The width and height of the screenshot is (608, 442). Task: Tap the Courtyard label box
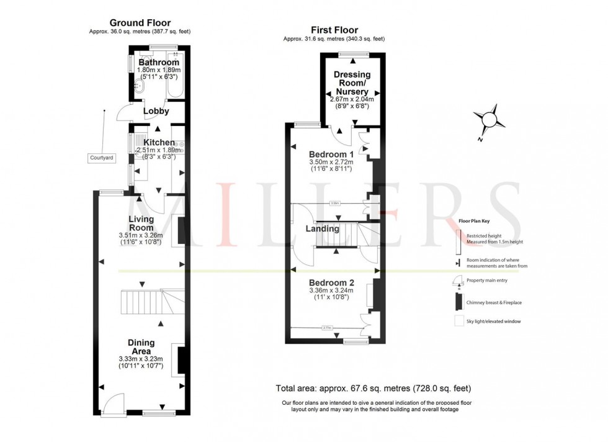coord(101,158)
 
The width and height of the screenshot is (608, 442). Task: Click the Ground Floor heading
coord(140,23)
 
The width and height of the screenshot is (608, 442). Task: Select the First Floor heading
coord(334,30)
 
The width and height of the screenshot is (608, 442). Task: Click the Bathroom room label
coord(159,63)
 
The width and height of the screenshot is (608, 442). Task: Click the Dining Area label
coord(141,347)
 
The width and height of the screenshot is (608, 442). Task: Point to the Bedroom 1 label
coord(331,154)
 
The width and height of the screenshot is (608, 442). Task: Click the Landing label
coord(322,228)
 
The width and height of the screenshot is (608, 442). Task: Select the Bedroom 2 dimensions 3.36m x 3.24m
coord(332,290)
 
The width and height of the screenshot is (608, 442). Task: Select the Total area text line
coord(373,389)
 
